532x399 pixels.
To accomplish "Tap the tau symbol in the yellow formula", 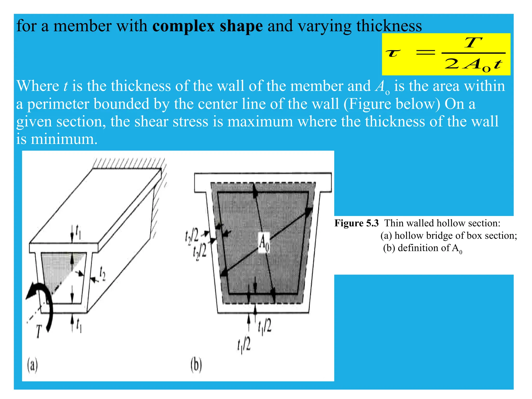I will pyautogui.click(x=393, y=53).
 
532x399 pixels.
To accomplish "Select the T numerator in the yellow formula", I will pyautogui.click(x=473, y=43).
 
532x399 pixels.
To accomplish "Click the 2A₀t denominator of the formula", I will pyautogui.click(x=473, y=64).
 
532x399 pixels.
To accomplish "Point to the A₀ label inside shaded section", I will pyautogui.click(x=264, y=243).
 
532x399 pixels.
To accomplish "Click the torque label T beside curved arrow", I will pyautogui.click(x=39, y=331).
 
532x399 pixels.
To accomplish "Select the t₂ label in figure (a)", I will pyautogui.click(x=103, y=275).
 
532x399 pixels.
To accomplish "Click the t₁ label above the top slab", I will pyautogui.click(x=78, y=231).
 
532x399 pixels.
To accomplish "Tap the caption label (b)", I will pyautogui.click(x=196, y=365).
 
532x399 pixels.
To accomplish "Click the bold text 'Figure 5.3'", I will pyautogui.click(x=356, y=223).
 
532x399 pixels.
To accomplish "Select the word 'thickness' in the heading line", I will pyautogui.click(x=389, y=26).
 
